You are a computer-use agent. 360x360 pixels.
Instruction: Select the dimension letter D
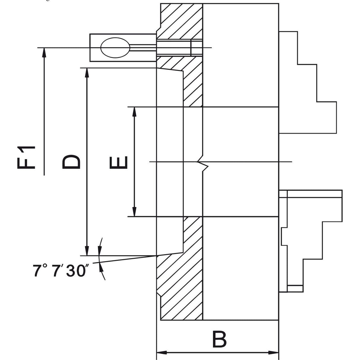(x=71, y=162)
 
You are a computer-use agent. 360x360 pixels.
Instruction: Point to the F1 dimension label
(x=26, y=157)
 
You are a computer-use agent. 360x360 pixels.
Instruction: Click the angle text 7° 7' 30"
(x=59, y=271)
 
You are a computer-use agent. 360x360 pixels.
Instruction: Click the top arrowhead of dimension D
(x=87, y=73)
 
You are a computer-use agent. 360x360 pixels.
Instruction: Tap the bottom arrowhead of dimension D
(x=87, y=251)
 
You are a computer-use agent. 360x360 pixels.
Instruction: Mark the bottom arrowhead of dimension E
(x=134, y=212)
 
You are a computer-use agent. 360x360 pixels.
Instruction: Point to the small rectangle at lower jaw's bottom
(x=295, y=288)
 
